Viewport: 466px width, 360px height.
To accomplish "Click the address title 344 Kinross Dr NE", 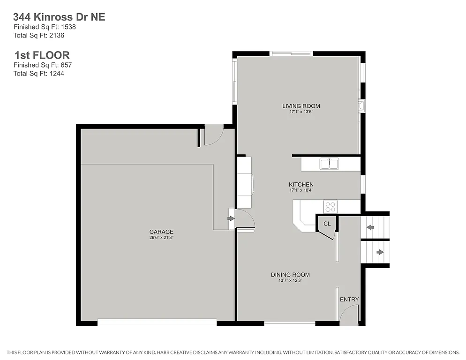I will [59, 17].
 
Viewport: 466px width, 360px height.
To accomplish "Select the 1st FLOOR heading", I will [41, 55].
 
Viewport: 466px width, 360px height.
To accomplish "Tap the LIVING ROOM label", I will [301, 106].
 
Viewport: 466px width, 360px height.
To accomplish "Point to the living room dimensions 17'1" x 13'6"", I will [301, 112].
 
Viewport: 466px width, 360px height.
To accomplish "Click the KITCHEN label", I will [301, 184].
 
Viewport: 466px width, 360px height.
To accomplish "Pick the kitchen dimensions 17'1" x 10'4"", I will [301, 190].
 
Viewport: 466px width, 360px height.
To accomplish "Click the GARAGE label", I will [161, 232].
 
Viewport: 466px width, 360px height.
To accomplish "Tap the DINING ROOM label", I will [290, 275].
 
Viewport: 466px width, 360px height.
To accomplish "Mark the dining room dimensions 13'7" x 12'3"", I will [290, 281].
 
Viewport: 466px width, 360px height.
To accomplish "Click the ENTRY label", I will [349, 300].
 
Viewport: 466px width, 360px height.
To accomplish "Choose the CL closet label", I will [327, 224].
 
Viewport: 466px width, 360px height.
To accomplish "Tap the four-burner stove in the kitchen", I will [330, 207].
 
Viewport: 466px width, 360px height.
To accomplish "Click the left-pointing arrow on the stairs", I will [370, 227].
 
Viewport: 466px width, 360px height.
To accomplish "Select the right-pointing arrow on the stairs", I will [380, 252].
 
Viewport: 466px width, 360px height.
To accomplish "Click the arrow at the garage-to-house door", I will [231, 218].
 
